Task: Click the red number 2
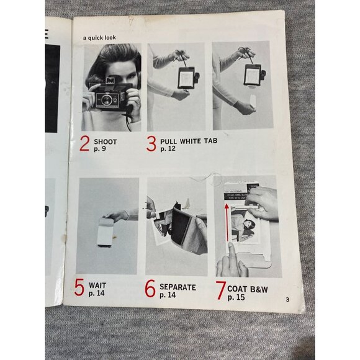point(84,143)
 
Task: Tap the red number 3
point(151,144)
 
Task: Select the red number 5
point(79,287)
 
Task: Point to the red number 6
point(150,289)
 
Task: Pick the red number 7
point(220,290)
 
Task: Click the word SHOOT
point(106,142)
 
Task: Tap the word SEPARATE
point(178,287)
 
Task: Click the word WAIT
point(97,286)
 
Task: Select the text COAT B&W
point(248,289)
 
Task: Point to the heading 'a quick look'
point(99,38)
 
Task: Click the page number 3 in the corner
point(287,299)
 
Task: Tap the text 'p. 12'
point(168,149)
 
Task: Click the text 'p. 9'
point(100,149)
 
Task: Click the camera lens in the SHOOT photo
point(107,100)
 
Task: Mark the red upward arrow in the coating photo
point(227,223)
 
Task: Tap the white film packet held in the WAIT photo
point(106,232)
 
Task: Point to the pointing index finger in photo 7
point(232,253)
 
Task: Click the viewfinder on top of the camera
point(110,81)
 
